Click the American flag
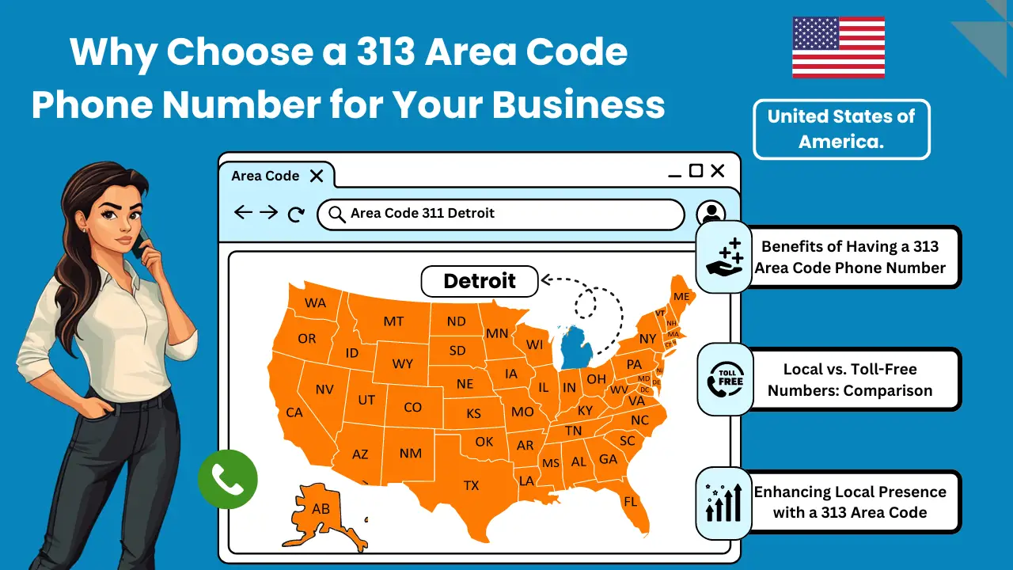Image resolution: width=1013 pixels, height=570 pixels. coord(838,47)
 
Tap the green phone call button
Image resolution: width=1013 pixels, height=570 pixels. coord(228,479)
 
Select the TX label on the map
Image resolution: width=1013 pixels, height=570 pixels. coord(471,485)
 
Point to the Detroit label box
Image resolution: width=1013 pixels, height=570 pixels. coord(480,281)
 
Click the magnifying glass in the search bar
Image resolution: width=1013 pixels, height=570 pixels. coord(337,214)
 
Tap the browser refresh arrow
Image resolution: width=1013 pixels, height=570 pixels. coord(296,214)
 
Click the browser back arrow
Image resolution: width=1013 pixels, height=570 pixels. coord(244,213)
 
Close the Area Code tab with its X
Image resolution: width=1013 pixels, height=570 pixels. coord(317,176)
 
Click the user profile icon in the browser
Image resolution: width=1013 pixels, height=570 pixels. coord(711,214)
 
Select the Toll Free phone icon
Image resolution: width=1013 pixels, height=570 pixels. coord(725,379)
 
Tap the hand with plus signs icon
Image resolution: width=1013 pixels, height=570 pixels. coord(724,257)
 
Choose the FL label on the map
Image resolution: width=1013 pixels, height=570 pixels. coord(631,502)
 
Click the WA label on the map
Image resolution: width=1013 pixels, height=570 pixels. coord(316,303)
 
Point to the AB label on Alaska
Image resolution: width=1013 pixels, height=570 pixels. coord(321,509)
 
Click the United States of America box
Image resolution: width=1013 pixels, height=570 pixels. coord(841,129)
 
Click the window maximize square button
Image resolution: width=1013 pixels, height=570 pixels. coord(696,171)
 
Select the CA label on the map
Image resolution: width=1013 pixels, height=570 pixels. coord(294,412)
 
